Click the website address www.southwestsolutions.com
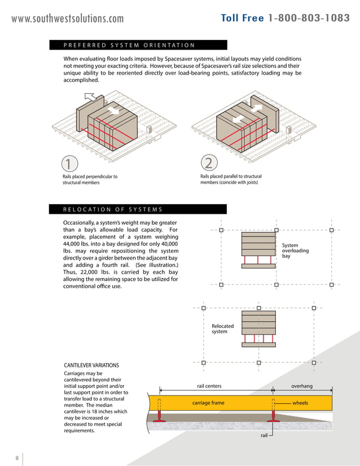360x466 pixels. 68,19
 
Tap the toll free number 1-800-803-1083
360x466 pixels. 286,18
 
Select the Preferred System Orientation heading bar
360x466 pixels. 138,45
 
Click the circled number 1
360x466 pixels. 68,164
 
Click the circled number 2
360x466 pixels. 208,163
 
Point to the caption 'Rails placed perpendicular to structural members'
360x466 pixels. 90,179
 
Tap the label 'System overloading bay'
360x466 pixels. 295,251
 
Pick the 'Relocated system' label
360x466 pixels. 222,329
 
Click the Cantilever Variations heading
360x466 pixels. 91,366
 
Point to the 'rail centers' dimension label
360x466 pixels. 209,386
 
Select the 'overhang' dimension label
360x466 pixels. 301,386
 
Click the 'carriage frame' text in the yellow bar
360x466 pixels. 208,403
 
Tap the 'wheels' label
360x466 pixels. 300,403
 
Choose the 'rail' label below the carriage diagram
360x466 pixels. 264,436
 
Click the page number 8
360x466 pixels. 17,457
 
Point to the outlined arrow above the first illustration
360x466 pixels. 90,99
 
